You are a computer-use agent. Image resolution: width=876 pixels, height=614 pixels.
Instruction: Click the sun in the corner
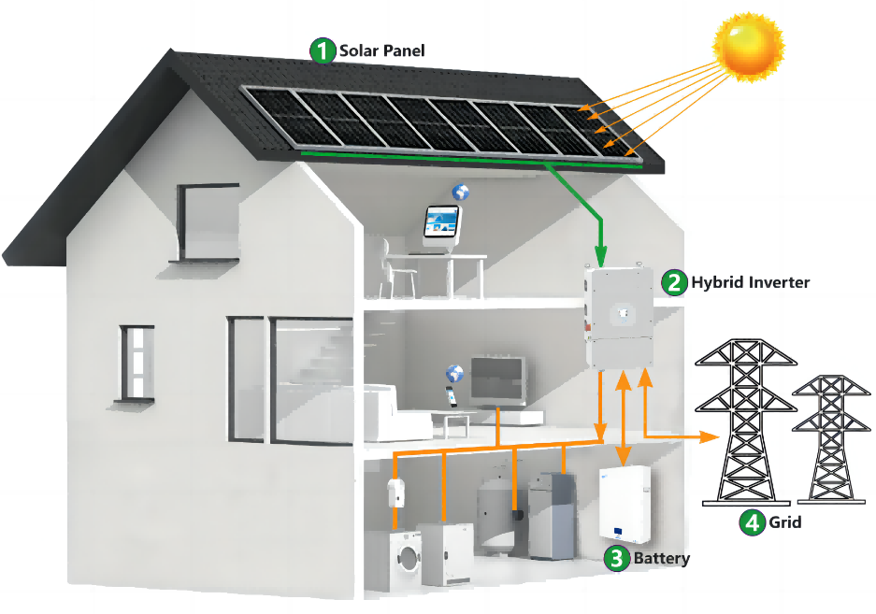tap(748, 46)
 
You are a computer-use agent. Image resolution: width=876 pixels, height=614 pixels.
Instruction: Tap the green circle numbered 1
tap(323, 50)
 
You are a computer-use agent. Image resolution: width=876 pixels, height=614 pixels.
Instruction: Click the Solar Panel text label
tap(382, 50)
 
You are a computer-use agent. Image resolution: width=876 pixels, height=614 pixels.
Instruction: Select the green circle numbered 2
tap(674, 282)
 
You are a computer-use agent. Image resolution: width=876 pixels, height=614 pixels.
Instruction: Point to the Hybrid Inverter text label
tap(751, 282)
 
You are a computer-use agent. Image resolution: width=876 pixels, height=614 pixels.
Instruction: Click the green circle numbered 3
tap(617, 558)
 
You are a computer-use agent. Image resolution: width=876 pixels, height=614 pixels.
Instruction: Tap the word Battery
tap(662, 558)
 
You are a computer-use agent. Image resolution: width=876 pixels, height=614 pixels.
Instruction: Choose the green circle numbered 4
tap(752, 522)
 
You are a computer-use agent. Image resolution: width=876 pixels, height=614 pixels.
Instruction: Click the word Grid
tap(785, 522)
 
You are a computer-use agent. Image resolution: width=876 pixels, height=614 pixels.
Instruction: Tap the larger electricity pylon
tap(746, 421)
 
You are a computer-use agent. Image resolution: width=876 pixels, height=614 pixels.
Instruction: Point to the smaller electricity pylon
tap(831, 439)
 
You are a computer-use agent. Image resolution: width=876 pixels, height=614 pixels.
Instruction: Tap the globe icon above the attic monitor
tap(460, 192)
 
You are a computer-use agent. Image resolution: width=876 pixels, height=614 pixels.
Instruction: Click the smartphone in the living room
tap(451, 396)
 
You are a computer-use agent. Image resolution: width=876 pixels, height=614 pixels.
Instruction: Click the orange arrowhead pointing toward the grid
tap(710, 436)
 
